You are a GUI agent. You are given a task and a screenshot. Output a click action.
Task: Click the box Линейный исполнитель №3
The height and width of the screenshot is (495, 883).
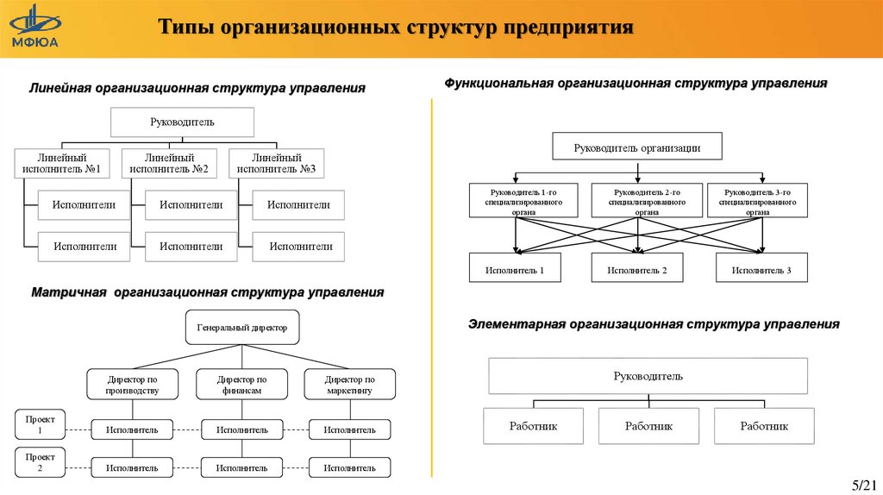[277, 164]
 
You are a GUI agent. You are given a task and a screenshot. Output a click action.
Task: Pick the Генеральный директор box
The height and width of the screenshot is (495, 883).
[242, 328]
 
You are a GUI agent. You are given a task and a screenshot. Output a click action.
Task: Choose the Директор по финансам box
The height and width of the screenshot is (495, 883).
[242, 385]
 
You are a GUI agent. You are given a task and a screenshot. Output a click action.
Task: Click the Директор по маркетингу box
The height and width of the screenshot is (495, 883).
[349, 385]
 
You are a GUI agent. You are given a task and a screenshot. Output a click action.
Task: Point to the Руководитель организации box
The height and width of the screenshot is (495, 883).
[637, 147]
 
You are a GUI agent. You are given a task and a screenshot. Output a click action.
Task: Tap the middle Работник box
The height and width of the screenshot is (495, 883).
[648, 426]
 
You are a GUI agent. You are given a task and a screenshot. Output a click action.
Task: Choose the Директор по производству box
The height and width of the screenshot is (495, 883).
[133, 385]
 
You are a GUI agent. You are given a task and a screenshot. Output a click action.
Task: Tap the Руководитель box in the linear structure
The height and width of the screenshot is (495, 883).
[182, 122]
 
